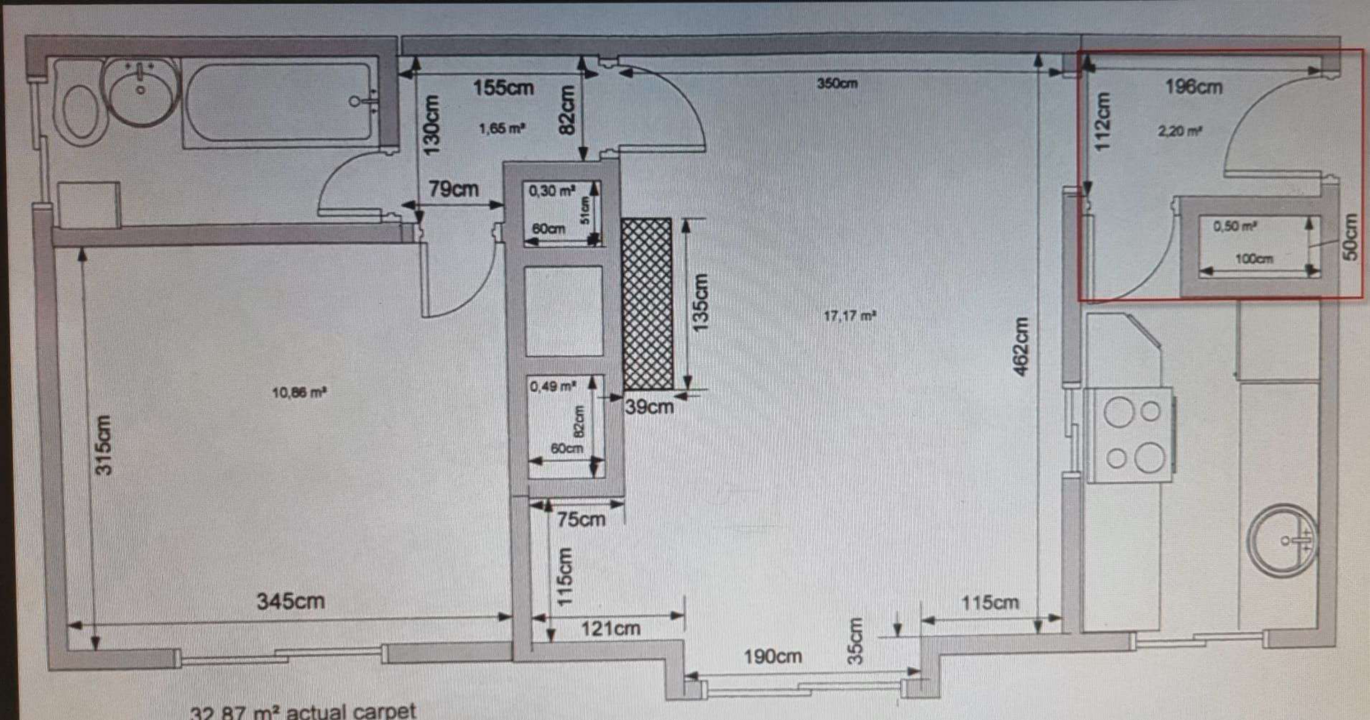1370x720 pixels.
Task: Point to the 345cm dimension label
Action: pos(291,601)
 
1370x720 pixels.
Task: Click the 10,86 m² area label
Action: pos(299,393)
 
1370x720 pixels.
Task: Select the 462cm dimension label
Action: pos(1021,347)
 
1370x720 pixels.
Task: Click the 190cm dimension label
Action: pos(772,657)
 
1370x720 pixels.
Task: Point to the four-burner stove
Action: pos(1128,435)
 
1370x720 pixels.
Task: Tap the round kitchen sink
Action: pos(1283,541)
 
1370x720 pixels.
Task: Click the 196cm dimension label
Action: pos(1193,87)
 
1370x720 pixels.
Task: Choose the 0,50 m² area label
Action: pos(1235,227)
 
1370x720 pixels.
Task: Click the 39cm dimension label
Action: pos(649,407)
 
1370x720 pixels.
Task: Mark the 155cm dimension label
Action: pos(503,88)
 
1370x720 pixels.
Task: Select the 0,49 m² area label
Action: pos(552,387)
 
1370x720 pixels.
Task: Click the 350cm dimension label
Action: pos(837,84)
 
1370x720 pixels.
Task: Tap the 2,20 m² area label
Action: pos(1180,131)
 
